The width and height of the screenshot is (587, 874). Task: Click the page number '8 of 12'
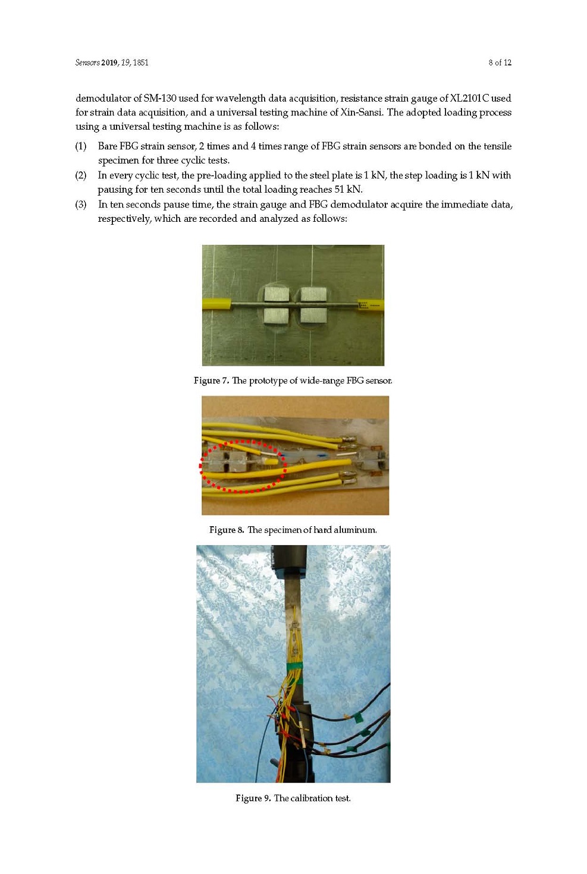[x=500, y=62]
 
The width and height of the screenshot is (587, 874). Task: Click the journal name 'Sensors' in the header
[x=87, y=62]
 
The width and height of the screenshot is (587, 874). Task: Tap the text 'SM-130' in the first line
[x=160, y=98]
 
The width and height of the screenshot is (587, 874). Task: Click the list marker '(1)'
[x=81, y=146]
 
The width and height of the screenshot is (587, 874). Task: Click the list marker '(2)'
[x=81, y=175]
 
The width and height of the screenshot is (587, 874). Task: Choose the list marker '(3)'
[x=81, y=205]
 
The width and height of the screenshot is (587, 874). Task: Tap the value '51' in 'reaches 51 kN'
[x=339, y=189]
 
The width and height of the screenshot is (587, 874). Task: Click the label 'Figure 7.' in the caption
[x=211, y=381]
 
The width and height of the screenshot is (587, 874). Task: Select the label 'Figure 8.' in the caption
[x=227, y=530]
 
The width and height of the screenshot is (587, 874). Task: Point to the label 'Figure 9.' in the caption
[x=253, y=798]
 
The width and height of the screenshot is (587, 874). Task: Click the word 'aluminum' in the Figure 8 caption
[x=359, y=530]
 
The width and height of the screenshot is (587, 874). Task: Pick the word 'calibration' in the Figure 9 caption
[x=311, y=798]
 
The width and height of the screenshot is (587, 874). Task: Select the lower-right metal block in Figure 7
[x=313, y=315]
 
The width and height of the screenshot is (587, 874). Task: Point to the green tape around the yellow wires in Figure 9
[x=294, y=667]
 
